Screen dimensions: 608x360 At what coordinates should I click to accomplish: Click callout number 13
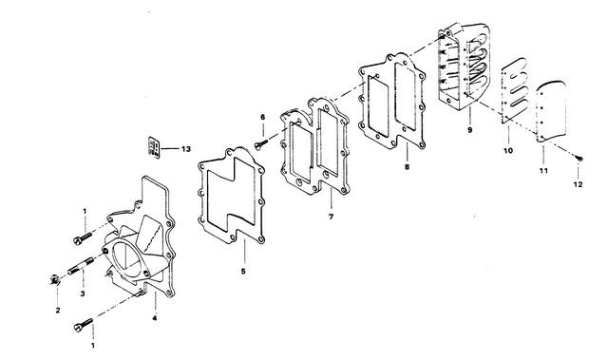tap(186, 149)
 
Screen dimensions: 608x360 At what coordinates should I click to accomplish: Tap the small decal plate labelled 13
tap(154, 147)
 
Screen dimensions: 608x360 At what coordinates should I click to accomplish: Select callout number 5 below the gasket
tap(243, 272)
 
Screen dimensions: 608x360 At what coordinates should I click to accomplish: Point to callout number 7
tap(331, 217)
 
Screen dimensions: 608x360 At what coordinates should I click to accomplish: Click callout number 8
tap(407, 167)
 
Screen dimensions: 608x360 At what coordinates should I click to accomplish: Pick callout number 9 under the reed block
tap(470, 130)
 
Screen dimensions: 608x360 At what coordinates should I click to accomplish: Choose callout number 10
tap(508, 150)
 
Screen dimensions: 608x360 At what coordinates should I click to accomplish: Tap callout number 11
tap(543, 171)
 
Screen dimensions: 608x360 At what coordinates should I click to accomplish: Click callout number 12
tap(578, 185)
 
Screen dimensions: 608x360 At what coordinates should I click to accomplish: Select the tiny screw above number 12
tap(579, 158)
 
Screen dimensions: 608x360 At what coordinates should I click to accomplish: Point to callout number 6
tap(262, 117)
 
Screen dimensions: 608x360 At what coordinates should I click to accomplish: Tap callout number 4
tap(154, 318)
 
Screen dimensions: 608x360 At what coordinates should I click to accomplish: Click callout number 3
tap(83, 294)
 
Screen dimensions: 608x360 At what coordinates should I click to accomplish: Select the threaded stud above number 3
tap(81, 266)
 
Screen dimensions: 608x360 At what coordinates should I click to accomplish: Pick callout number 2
tap(58, 310)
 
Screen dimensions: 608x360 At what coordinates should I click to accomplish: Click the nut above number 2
tap(55, 279)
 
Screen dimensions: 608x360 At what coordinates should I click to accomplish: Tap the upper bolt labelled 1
tap(83, 237)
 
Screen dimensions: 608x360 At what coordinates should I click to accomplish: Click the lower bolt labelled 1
tap(83, 325)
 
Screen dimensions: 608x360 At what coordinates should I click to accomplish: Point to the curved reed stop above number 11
tap(551, 111)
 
